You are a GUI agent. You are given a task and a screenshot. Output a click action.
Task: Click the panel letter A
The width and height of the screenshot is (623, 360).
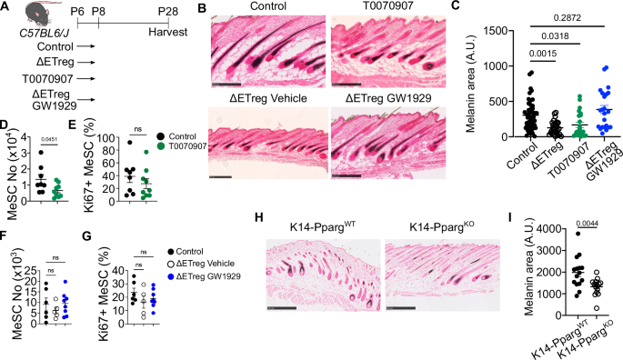point(6,8)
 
